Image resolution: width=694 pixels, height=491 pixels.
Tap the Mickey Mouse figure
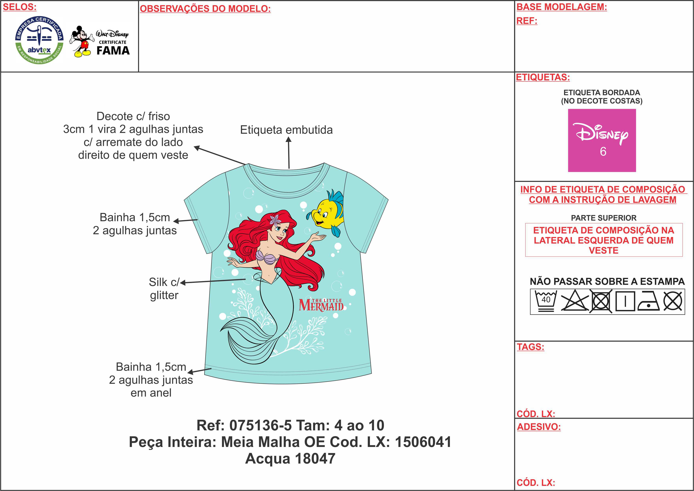[x=81, y=41]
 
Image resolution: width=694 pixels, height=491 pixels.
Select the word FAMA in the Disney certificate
[x=113, y=51]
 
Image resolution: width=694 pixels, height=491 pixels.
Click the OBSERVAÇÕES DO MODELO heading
[x=205, y=9]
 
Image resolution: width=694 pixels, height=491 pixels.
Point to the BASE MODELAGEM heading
[x=562, y=7]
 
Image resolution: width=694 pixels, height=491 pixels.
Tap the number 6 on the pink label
[x=603, y=151]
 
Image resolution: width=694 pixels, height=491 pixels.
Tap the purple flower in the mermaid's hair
[x=275, y=219]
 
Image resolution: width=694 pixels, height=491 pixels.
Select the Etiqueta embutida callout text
[x=286, y=130]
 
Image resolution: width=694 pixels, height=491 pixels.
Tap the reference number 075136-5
[x=260, y=425]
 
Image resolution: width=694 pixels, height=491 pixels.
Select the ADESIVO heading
[x=539, y=427]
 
